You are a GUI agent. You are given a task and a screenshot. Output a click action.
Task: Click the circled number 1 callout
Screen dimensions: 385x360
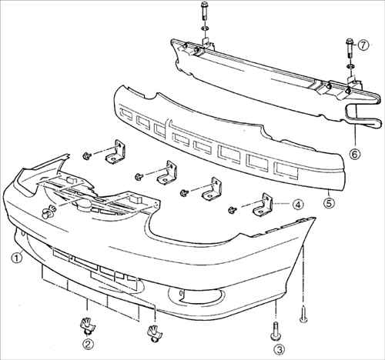point(17,258)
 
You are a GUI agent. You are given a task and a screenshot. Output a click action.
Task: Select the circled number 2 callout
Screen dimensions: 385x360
point(88,345)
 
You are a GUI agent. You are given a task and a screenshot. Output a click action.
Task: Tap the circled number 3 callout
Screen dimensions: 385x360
point(280,349)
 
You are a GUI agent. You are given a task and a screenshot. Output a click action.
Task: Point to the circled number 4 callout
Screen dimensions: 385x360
point(298,205)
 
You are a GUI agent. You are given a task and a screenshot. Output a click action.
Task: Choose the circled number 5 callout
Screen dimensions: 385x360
point(329,203)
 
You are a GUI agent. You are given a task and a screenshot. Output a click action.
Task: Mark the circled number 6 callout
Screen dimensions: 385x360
point(355,154)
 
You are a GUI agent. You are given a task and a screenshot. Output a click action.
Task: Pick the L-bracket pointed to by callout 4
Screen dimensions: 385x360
point(263,205)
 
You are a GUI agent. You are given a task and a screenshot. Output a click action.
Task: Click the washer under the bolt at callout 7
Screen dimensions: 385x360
point(350,67)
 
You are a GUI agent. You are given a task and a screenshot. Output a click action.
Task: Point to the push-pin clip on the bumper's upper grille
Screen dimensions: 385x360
point(49,212)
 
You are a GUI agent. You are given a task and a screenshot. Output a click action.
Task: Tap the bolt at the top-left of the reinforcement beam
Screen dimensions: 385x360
point(205,12)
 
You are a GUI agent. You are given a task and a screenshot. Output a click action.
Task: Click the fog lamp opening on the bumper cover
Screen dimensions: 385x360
point(196,295)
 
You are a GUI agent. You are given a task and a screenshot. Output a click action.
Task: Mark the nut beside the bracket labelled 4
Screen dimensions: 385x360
point(233,210)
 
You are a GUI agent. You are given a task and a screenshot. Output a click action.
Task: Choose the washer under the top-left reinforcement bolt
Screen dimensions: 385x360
point(205,28)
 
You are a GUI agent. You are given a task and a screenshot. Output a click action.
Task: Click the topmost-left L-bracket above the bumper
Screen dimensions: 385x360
point(115,152)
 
